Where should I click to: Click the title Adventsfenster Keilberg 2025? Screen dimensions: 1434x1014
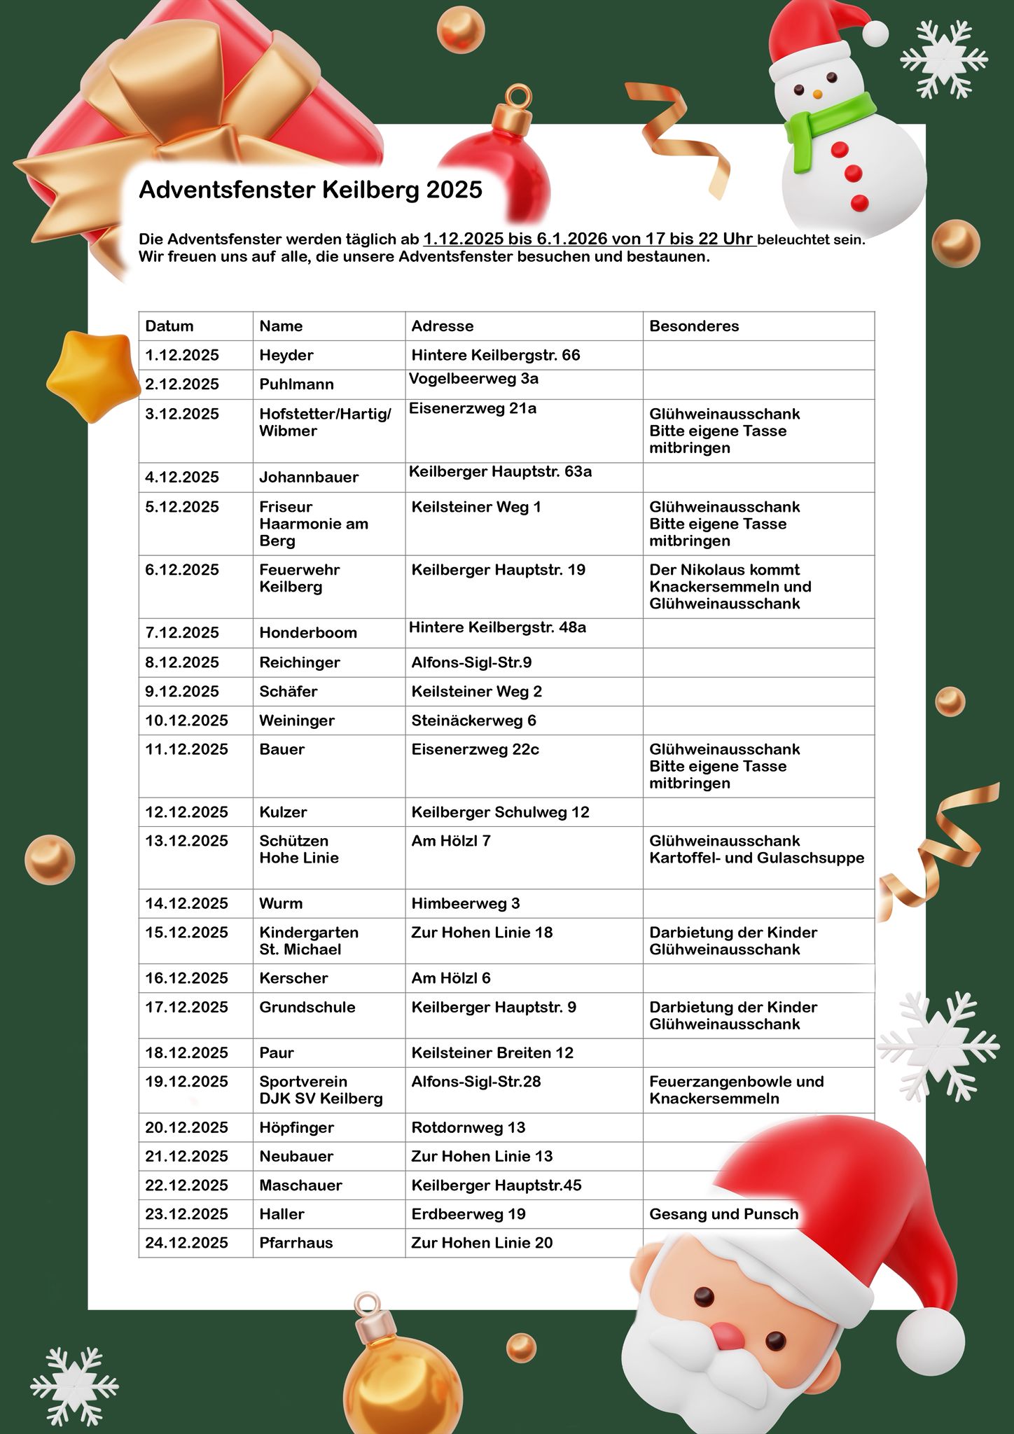[x=310, y=190]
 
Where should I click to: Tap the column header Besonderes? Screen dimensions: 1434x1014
[x=693, y=326]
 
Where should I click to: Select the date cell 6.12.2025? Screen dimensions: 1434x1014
[x=182, y=570]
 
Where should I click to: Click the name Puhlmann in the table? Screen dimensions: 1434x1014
[x=296, y=384]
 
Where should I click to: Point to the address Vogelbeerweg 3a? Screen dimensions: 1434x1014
[x=473, y=379]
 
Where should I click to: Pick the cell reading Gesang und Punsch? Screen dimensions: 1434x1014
[x=723, y=1214]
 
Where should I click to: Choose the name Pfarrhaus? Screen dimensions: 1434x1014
[x=296, y=1243]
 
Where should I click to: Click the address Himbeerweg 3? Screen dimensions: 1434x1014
[x=465, y=903]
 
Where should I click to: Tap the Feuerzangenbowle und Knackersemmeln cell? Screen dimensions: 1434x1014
[x=736, y=1090]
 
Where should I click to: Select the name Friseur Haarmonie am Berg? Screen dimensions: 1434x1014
[x=313, y=524]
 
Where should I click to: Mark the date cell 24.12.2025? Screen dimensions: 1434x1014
[x=186, y=1243]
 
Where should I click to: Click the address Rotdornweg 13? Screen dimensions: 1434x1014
[x=468, y=1127]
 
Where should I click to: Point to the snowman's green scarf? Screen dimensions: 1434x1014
[x=830, y=126]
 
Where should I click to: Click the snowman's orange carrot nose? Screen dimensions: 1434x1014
[x=817, y=93]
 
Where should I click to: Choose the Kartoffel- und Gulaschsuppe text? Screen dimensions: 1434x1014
[x=756, y=858]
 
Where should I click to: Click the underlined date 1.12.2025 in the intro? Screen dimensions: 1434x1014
[x=463, y=239]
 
